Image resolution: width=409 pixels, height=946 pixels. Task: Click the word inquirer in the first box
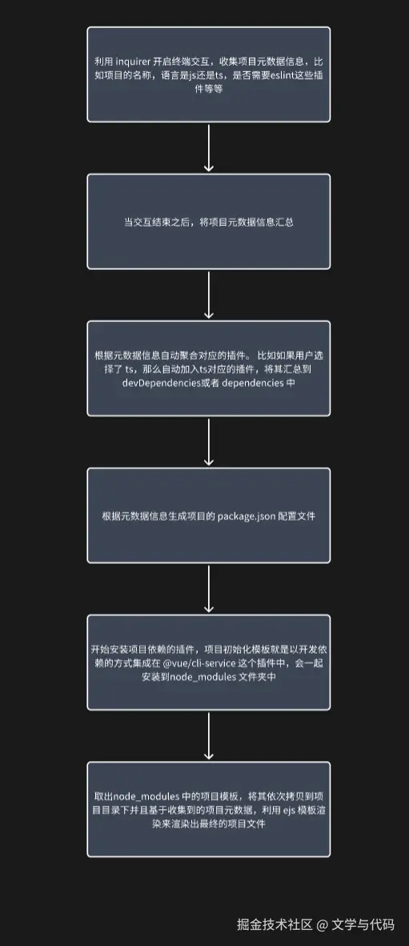point(132,62)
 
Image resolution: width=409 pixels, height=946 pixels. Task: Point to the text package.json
point(247,517)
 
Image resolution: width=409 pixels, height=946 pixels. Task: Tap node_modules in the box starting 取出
point(142,796)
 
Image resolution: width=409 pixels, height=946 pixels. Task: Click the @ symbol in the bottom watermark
point(322,924)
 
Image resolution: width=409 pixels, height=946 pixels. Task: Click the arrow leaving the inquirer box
point(209,148)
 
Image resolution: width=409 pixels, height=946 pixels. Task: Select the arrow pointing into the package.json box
point(209,441)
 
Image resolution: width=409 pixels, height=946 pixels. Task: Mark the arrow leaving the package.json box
point(209,589)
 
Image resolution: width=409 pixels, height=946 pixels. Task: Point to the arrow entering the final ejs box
point(209,735)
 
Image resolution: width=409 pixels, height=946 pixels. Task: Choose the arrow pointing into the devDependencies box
point(209,295)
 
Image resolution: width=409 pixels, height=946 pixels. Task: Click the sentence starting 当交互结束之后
point(209,222)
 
